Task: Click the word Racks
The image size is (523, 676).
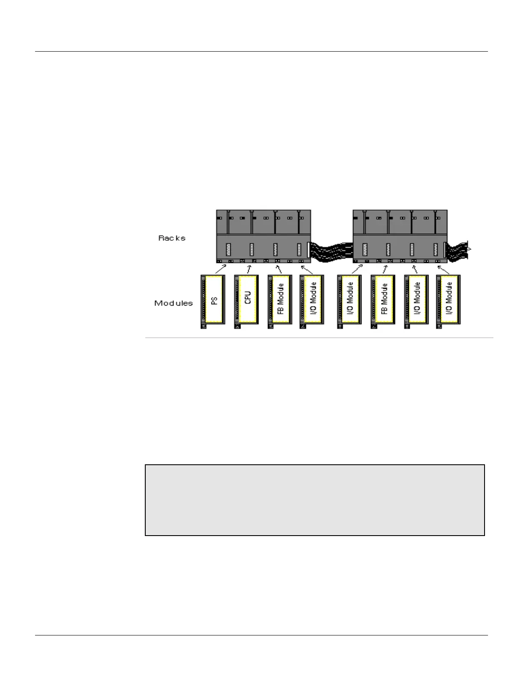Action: click(172, 238)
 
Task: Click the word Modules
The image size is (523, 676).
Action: click(173, 303)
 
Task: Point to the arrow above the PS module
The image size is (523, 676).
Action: click(221, 269)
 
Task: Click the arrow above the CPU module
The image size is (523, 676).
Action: click(248, 269)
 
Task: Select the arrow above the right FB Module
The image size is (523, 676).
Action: click(385, 269)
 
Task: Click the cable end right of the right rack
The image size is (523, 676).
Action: click(458, 251)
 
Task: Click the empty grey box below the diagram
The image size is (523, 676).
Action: click(315, 500)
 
